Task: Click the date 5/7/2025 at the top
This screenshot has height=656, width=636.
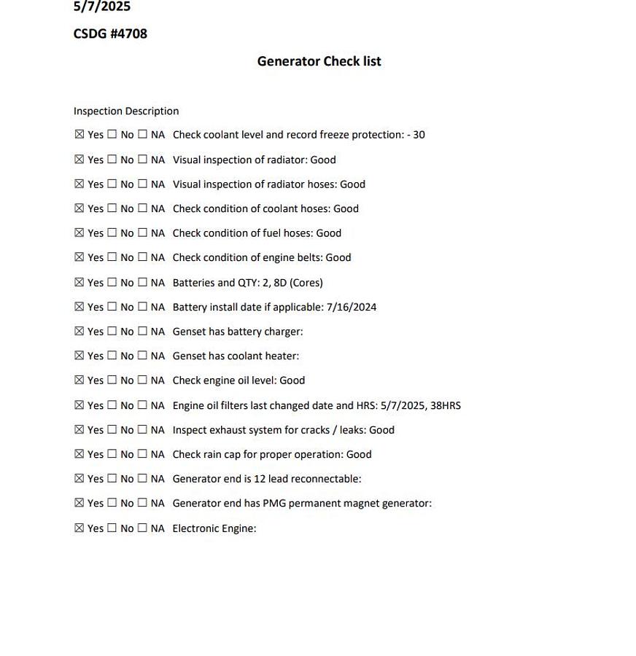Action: click(x=102, y=7)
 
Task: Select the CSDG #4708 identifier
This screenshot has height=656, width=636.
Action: click(x=110, y=34)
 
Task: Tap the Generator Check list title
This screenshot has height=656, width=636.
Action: click(x=319, y=61)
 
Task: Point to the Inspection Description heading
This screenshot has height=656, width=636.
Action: click(x=126, y=112)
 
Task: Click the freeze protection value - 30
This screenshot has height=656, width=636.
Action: click(x=416, y=135)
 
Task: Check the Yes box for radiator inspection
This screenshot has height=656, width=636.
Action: click(x=79, y=160)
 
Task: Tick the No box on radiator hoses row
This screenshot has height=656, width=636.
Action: click(x=112, y=184)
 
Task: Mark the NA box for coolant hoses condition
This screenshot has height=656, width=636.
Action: click(x=143, y=208)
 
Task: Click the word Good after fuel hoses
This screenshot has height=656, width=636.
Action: click(x=328, y=233)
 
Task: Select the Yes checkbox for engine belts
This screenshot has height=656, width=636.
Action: click(x=79, y=257)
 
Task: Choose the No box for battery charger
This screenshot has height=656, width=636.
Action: click(x=112, y=332)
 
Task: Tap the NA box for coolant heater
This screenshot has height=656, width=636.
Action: click(x=143, y=356)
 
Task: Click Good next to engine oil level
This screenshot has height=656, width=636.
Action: click(x=292, y=380)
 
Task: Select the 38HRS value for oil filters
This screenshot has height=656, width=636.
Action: click(x=446, y=405)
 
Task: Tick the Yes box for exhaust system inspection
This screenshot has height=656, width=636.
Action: click(x=79, y=430)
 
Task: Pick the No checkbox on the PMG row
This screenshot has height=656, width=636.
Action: click(x=112, y=503)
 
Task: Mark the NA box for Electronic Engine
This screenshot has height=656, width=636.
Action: click(x=143, y=528)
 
